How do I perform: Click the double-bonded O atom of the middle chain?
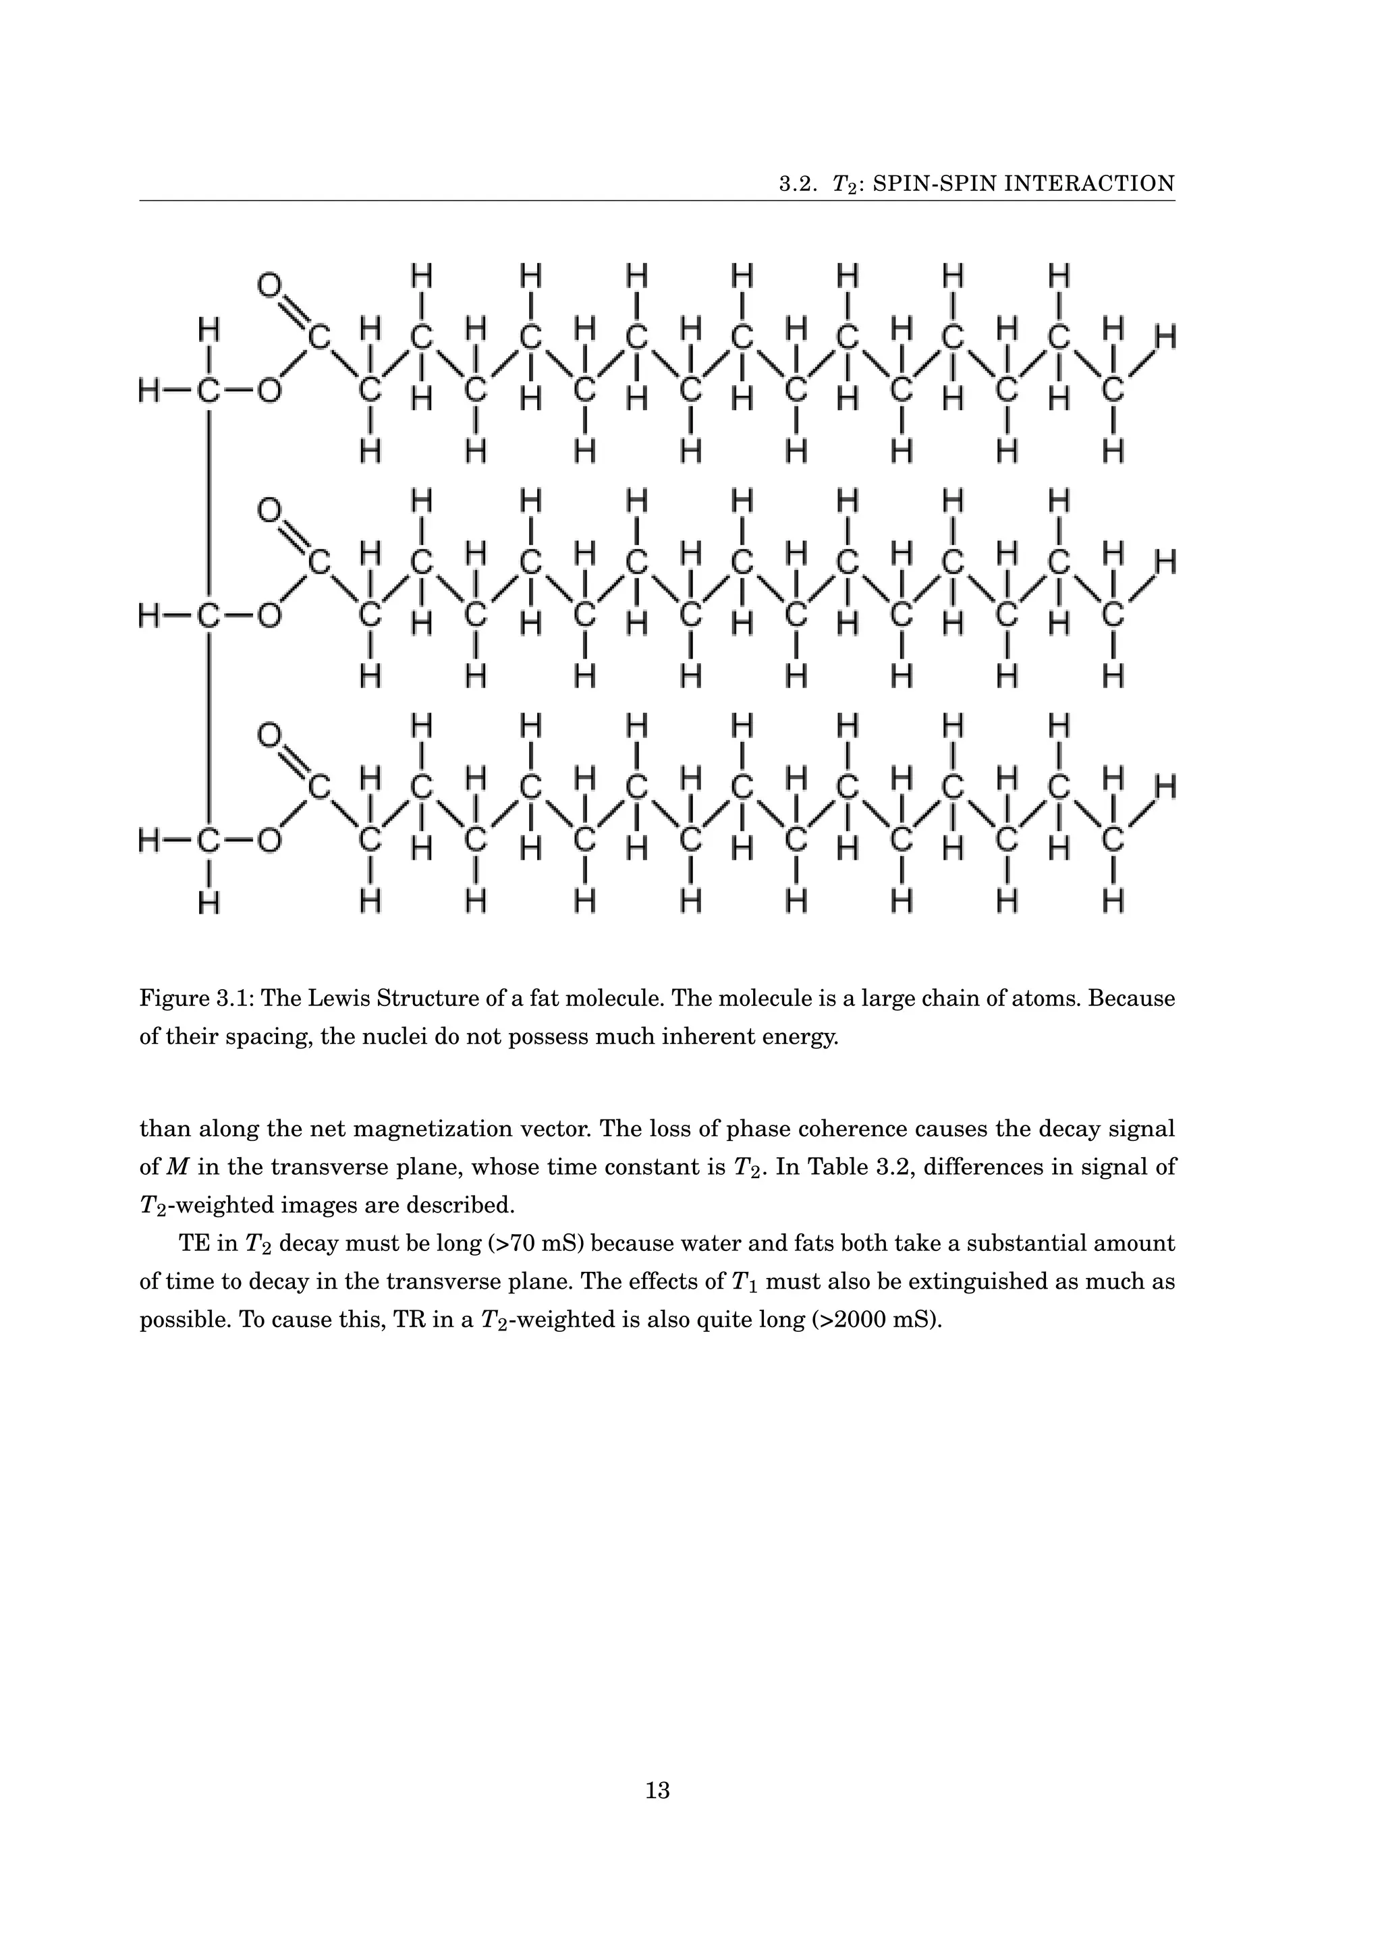click(269, 510)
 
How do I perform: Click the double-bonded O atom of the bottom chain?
click(269, 735)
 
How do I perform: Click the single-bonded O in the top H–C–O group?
click(269, 391)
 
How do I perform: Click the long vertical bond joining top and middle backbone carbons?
click(209, 502)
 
